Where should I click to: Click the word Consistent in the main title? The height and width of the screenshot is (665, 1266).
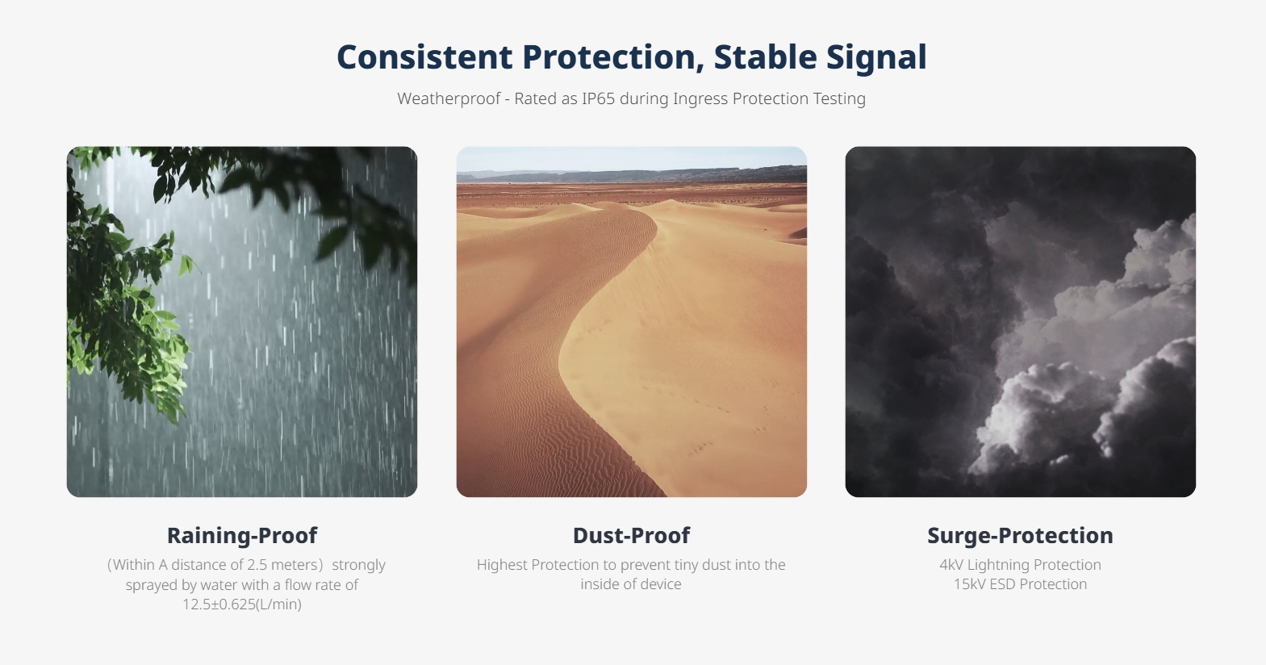tap(424, 57)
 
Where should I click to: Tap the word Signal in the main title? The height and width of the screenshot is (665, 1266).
tap(876, 58)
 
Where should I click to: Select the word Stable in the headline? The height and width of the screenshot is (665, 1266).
tap(765, 57)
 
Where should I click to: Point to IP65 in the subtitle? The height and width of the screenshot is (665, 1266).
tap(598, 98)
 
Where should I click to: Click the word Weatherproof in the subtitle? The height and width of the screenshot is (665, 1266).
tap(449, 99)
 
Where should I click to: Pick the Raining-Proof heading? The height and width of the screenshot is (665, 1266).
tap(242, 536)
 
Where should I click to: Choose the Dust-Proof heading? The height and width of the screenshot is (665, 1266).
tap(631, 536)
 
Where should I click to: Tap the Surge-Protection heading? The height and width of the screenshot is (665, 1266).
tap(1020, 536)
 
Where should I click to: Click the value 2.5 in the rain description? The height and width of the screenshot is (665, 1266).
tap(257, 564)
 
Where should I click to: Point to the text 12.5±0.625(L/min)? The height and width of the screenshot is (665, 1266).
tap(242, 604)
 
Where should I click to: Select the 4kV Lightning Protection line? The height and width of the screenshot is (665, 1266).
tap(1020, 564)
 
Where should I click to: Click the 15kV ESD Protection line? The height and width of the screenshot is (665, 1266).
tap(1020, 583)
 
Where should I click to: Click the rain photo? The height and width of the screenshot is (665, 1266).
tap(242, 322)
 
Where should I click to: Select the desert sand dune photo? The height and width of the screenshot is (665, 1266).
tap(631, 322)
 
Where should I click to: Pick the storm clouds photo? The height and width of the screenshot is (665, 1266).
tap(1020, 322)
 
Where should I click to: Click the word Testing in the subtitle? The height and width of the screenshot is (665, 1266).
tap(839, 99)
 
